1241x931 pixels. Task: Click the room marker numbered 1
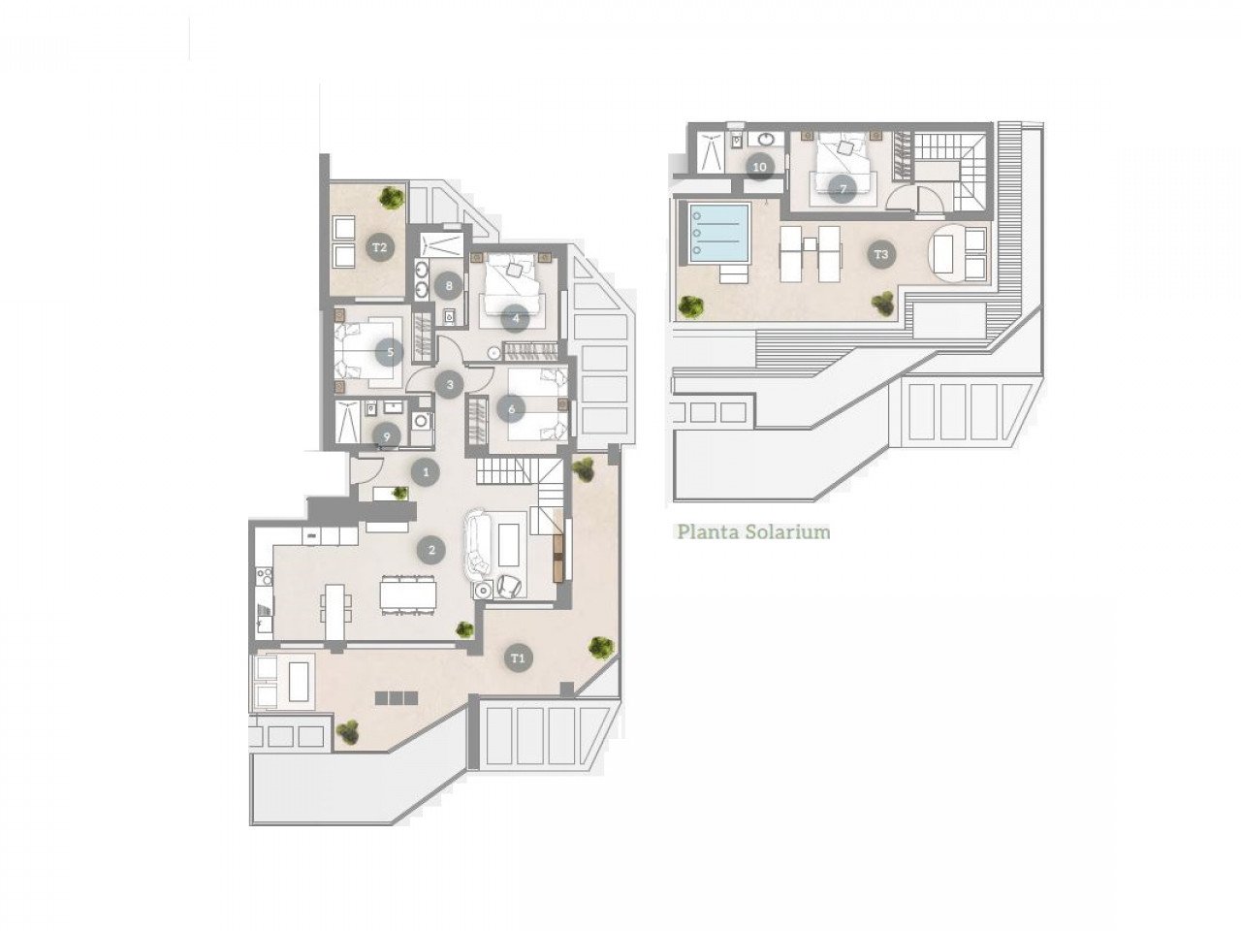(425, 472)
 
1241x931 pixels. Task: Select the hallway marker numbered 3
(448, 385)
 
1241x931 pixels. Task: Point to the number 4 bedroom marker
(516, 317)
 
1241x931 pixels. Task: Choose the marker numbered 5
(389, 352)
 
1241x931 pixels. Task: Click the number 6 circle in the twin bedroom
(511, 410)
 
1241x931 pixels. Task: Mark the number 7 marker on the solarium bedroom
(842, 188)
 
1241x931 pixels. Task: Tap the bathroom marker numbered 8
(447, 285)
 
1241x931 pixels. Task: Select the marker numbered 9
(387, 437)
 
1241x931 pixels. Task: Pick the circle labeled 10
(759, 167)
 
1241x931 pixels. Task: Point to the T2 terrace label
(380, 247)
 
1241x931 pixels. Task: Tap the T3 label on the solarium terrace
(879, 255)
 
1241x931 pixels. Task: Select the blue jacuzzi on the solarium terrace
(717, 234)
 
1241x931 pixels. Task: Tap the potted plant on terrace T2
(391, 198)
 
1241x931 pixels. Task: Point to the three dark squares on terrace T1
(398, 697)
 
